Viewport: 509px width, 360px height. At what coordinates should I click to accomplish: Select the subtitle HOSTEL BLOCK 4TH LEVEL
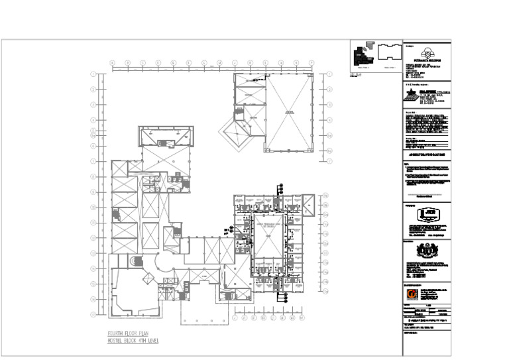point(133,341)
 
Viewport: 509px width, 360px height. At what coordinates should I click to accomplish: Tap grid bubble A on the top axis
point(112,63)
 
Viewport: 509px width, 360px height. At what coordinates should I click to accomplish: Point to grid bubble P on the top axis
point(311,63)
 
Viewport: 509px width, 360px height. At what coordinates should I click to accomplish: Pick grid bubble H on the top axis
point(219,63)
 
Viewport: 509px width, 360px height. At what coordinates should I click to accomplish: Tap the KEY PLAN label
point(355,74)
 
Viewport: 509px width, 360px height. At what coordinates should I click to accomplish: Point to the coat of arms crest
point(426,251)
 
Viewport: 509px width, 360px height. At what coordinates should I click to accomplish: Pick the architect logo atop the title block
point(426,52)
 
